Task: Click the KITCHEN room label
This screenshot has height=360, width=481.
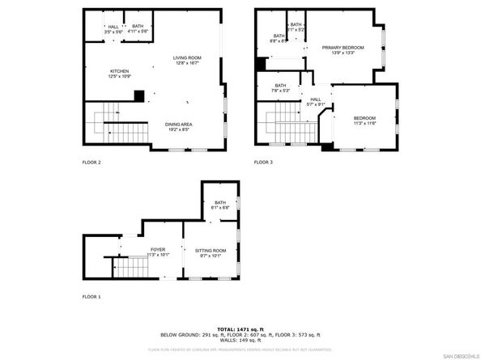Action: [x=119, y=71]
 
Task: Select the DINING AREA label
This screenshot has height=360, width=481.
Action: [x=179, y=124]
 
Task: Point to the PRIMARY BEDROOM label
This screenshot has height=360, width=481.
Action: [x=343, y=48]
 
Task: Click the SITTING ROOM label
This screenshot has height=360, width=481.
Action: [x=211, y=252]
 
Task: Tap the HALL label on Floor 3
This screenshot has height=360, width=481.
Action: [x=315, y=100]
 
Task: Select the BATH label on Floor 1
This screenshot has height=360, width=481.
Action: [x=220, y=203]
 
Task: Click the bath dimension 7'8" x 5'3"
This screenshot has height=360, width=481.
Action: [x=280, y=91]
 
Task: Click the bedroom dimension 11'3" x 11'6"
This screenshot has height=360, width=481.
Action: [x=364, y=123]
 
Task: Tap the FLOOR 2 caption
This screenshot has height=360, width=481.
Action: [x=92, y=163]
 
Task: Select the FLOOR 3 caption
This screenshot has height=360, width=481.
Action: [x=263, y=163]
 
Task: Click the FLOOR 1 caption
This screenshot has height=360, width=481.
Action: [x=92, y=297]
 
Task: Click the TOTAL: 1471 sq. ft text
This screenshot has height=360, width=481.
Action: [x=240, y=329]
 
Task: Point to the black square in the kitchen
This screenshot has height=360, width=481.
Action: [x=139, y=96]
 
